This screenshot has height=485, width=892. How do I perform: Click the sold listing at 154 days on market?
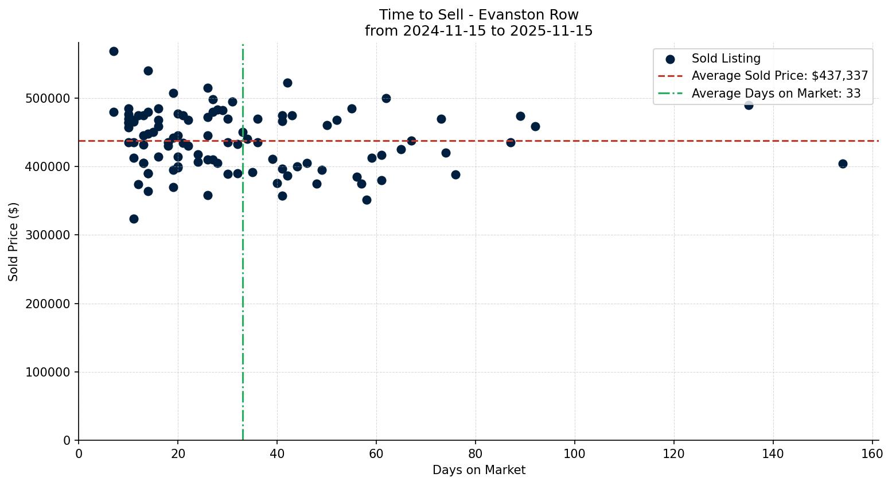(x=843, y=164)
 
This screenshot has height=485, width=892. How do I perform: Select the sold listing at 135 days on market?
(x=749, y=105)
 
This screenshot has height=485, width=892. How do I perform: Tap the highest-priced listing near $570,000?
(x=114, y=51)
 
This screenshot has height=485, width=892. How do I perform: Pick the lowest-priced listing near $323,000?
(x=134, y=219)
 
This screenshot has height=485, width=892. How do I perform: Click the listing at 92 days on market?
(x=535, y=126)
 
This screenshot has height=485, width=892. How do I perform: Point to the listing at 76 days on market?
(x=455, y=174)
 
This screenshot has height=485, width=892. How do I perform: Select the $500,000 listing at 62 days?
(x=386, y=98)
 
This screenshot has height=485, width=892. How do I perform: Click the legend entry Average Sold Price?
(x=780, y=76)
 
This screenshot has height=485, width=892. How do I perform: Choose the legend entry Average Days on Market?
(x=776, y=94)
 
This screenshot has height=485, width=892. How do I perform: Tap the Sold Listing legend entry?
(x=726, y=59)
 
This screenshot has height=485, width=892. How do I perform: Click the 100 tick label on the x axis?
(x=575, y=454)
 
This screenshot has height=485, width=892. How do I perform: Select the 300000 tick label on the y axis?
(x=48, y=235)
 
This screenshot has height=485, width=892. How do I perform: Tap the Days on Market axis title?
(x=478, y=470)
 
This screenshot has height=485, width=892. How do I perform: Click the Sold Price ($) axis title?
(x=14, y=242)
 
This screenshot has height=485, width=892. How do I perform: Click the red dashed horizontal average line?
(x=631, y=141)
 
